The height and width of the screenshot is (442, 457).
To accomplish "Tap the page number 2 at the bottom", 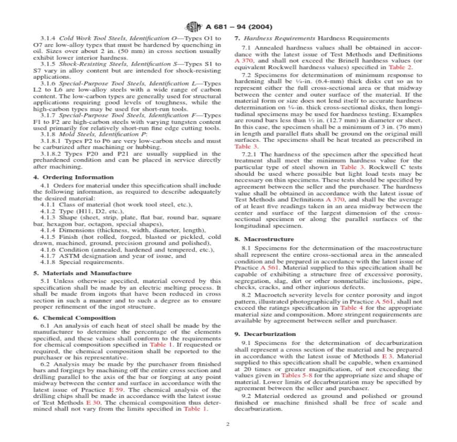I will (228, 423).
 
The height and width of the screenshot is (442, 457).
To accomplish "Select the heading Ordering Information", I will (77, 177).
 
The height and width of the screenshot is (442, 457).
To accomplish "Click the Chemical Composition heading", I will (79, 318).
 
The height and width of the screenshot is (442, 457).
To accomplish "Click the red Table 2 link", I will (400, 68).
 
